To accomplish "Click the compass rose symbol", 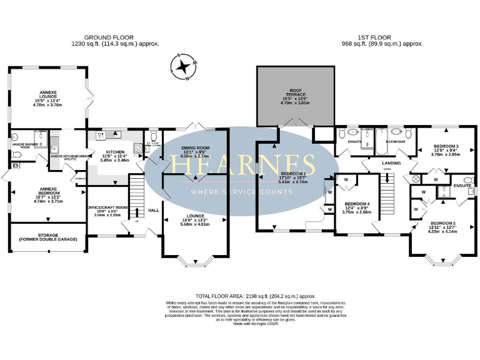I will click(185, 67).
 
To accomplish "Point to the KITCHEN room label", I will click(115, 153).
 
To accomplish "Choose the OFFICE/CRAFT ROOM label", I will click(106, 208).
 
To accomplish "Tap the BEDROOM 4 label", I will click(357, 205).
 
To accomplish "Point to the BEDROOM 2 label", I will click(442, 226).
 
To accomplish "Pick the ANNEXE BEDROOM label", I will click(47, 192).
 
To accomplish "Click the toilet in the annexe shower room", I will click(16, 153).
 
